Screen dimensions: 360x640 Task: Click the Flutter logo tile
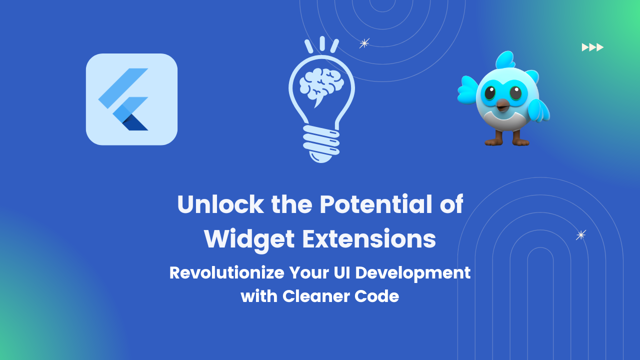pos(131,99)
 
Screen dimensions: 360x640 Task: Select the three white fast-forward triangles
pos(592,47)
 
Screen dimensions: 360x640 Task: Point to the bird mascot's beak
pos(502,104)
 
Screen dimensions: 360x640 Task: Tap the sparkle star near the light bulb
pos(364,43)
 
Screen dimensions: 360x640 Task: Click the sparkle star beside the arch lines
pos(580,235)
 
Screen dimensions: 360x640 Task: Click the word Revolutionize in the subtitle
pos(225,273)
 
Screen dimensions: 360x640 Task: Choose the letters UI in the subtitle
pos(340,273)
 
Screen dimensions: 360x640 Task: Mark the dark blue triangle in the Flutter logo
pos(136,123)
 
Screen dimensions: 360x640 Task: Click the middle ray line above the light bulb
pos(322,43)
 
